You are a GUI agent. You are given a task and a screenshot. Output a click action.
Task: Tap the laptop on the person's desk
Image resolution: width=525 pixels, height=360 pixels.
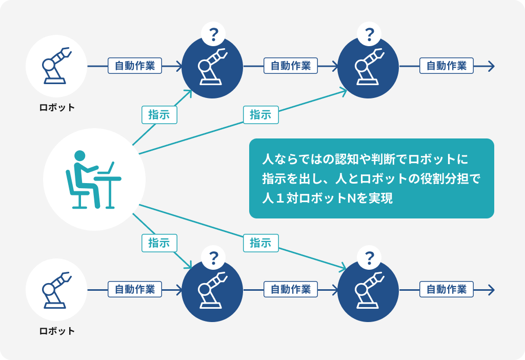click(107, 168)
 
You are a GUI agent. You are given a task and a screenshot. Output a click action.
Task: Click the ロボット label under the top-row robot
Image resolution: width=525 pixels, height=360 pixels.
click(57, 108)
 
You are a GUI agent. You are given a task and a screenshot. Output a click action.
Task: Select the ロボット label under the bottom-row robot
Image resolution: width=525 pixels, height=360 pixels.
click(57, 331)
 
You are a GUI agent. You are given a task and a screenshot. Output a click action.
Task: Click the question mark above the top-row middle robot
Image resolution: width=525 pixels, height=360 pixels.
click(213, 34)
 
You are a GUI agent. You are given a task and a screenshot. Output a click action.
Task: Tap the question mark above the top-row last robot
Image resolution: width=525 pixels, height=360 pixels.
click(369, 34)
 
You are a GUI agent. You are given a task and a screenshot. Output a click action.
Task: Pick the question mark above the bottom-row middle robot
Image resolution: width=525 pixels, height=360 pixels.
click(213, 258)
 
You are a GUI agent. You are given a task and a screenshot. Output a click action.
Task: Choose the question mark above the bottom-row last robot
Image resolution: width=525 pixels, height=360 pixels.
click(369, 258)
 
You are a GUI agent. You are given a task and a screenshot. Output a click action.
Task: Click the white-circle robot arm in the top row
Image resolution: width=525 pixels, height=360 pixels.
click(56, 66)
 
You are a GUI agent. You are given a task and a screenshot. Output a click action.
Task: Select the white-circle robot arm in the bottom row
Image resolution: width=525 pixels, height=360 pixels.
click(56, 290)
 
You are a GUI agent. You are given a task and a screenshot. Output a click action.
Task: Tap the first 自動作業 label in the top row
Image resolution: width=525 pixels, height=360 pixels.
click(135, 66)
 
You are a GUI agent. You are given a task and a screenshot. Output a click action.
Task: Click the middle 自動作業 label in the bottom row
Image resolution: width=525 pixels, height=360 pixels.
click(291, 289)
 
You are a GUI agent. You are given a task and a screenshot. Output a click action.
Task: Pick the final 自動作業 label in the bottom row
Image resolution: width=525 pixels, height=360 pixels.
click(447, 289)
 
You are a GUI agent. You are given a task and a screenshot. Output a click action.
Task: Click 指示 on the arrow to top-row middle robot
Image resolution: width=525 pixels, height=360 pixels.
click(159, 115)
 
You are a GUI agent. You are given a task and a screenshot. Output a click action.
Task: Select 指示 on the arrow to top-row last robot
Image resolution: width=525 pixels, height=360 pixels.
click(260, 115)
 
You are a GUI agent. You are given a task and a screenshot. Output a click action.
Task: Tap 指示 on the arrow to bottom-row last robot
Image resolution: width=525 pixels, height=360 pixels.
click(260, 243)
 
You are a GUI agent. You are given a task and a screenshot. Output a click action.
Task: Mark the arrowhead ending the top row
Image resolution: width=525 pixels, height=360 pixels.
click(491, 66)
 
